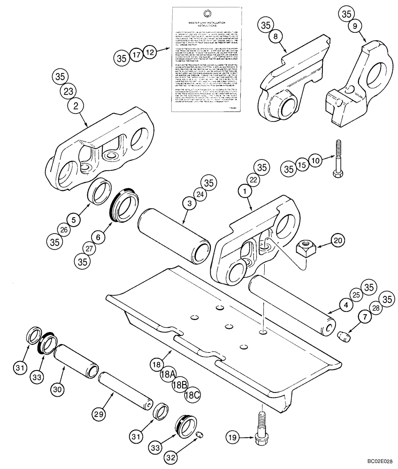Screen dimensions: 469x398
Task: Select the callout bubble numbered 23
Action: [74, 91]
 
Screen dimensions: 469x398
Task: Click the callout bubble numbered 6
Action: [97, 238]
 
